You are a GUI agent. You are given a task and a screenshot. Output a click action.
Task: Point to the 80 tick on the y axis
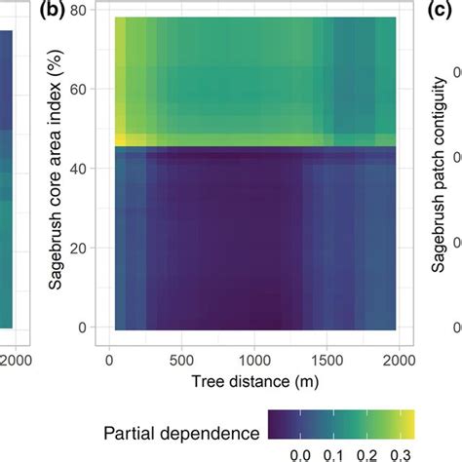87,11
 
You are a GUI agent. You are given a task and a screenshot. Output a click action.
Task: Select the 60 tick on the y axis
87,90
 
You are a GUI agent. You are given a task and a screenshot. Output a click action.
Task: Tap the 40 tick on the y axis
87,169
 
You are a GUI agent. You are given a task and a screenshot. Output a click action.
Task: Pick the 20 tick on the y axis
87,248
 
